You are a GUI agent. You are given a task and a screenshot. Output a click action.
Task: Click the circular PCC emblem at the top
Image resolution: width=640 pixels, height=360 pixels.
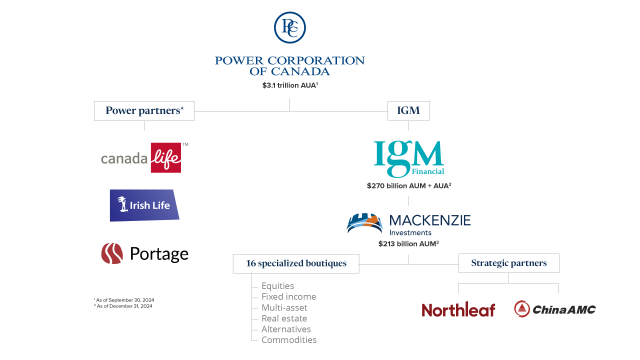(x=290, y=27)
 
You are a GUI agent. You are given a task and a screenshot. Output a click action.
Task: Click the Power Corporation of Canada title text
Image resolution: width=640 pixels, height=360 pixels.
(x=289, y=66)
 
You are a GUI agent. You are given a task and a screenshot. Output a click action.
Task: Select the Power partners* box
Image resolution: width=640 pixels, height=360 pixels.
(x=144, y=111)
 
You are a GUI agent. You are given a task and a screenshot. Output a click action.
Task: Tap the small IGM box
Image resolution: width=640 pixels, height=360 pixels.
(x=408, y=111)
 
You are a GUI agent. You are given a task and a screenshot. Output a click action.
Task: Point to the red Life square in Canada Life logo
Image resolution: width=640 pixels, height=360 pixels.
(x=165, y=158)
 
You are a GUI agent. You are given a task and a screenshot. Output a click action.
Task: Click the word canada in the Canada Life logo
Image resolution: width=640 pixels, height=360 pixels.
(x=124, y=159)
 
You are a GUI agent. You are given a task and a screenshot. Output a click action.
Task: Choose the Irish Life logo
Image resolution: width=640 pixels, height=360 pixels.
(x=144, y=205)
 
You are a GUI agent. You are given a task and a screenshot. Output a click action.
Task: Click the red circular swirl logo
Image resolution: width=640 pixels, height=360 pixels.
(x=112, y=253)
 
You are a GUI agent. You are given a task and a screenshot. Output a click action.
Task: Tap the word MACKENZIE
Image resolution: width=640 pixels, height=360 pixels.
(x=430, y=220)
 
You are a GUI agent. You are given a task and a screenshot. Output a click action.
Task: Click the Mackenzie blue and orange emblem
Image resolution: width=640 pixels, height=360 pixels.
(x=365, y=223)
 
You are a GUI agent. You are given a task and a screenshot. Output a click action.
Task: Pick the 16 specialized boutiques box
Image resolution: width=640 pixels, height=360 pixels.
(x=296, y=263)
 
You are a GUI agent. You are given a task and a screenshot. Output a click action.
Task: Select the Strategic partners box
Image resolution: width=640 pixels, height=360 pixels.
(x=509, y=263)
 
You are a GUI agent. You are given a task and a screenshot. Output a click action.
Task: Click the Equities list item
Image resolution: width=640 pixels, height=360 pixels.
(x=277, y=286)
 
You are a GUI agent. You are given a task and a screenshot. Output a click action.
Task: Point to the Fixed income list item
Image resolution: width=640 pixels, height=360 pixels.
(x=288, y=297)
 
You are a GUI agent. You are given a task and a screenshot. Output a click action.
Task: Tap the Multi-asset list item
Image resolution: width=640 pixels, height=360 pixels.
(x=284, y=307)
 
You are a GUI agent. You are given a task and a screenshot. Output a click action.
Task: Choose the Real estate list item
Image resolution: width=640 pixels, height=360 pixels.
(x=284, y=318)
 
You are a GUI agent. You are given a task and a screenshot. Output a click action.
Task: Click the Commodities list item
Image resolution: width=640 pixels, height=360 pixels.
(x=289, y=340)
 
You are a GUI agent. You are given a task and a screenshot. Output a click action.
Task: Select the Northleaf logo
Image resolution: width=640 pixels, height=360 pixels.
(x=458, y=309)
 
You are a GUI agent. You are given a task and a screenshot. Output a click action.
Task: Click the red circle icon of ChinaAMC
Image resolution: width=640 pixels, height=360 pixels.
(x=522, y=309)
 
